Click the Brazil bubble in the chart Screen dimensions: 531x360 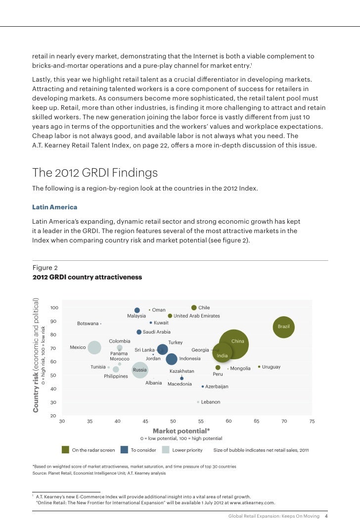click(283, 327)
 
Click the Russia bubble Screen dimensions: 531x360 click(140, 370)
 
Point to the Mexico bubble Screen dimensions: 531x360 click(94, 348)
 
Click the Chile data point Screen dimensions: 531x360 click(194, 307)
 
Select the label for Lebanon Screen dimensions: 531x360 click(211, 402)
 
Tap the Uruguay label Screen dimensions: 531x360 click(271, 367)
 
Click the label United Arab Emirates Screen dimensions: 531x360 click(196, 316)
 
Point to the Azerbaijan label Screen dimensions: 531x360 click(217, 386)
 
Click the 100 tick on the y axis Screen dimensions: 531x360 click(54, 307)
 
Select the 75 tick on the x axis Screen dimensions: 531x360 click(312, 421)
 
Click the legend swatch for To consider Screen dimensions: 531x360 click(124, 450)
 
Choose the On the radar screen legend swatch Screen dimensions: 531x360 click(65, 450)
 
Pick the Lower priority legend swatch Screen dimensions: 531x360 click(166, 450)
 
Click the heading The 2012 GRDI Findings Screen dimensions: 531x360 click(95, 173)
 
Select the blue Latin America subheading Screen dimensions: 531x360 click(54, 207)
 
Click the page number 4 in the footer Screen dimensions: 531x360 click(326, 516)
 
